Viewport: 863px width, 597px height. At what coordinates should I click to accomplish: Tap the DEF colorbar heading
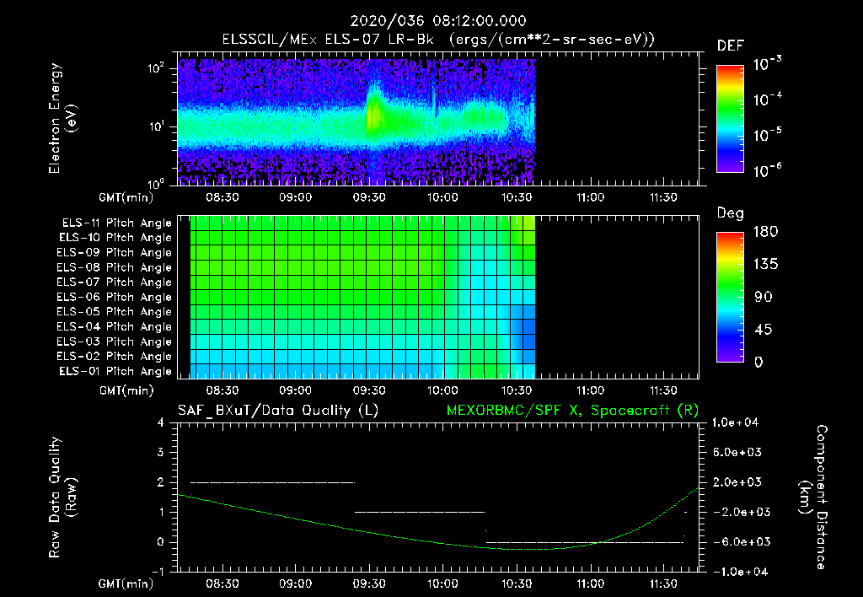click(x=729, y=46)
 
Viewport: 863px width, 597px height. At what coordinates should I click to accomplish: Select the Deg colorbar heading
click(x=730, y=213)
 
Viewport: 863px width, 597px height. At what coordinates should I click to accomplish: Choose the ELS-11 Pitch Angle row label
click(x=116, y=223)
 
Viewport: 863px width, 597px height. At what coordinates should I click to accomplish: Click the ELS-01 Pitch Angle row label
click(x=116, y=371)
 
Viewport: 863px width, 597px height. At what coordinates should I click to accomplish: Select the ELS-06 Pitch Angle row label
click(x=116, y=297)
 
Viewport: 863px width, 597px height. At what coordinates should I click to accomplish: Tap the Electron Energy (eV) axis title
click(x=63, y=119)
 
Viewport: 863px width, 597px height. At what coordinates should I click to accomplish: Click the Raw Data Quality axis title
click(x=63, y=497)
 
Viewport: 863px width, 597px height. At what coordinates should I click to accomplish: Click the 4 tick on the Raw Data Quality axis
click(x=161, y=422)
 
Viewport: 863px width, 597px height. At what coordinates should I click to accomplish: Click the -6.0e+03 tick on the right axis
click(x=739, y=541)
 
